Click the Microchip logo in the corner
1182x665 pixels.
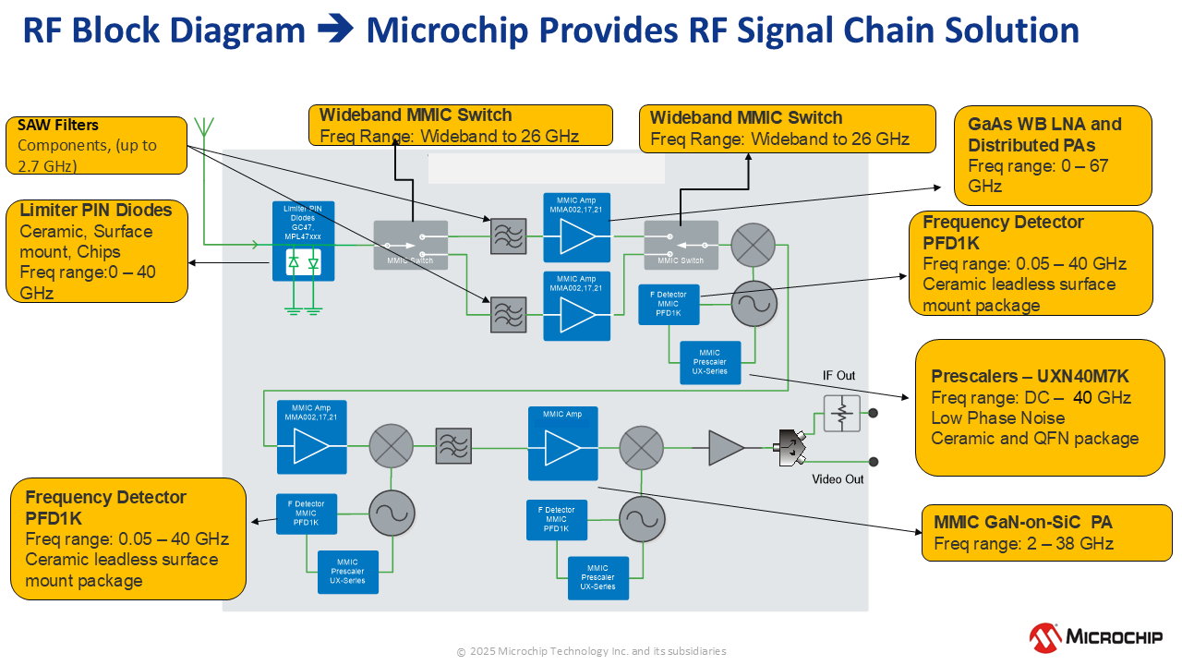[1096, 636]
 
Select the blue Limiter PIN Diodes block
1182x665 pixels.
[303, 242]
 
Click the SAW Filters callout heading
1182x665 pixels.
[58, 126]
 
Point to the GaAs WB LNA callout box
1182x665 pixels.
[1052, 155]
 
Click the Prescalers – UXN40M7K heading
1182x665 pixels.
[1030, 377]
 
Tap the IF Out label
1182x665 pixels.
[839, 376]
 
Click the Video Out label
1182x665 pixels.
[838, 478]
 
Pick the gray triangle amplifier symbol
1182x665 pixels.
[725, 448]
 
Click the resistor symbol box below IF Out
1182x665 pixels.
[840, 414]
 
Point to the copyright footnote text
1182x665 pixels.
[591, 651]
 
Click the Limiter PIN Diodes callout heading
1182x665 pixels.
[96, 211]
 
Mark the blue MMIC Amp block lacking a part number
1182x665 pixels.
[562, 443]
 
